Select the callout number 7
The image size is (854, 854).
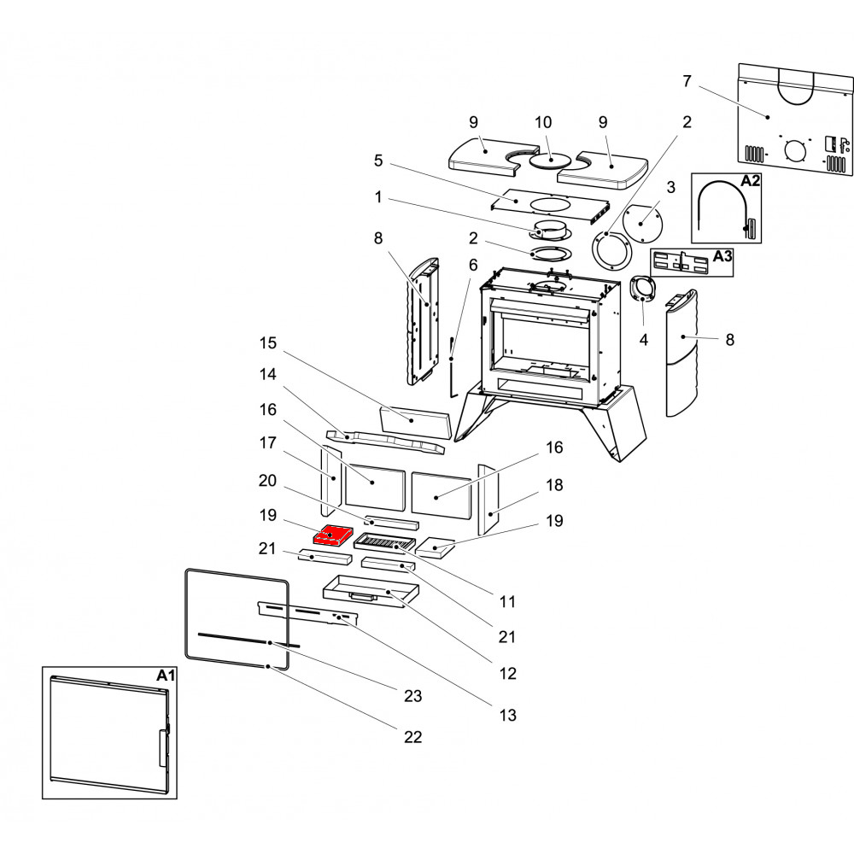687,81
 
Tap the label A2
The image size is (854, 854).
750,181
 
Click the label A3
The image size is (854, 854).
722,256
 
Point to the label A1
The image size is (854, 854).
166,675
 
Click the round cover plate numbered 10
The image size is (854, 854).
550,160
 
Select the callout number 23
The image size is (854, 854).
412,696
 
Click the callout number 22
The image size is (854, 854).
412,736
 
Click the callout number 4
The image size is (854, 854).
643,340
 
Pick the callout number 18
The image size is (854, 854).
554,484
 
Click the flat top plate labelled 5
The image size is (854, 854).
547,203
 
